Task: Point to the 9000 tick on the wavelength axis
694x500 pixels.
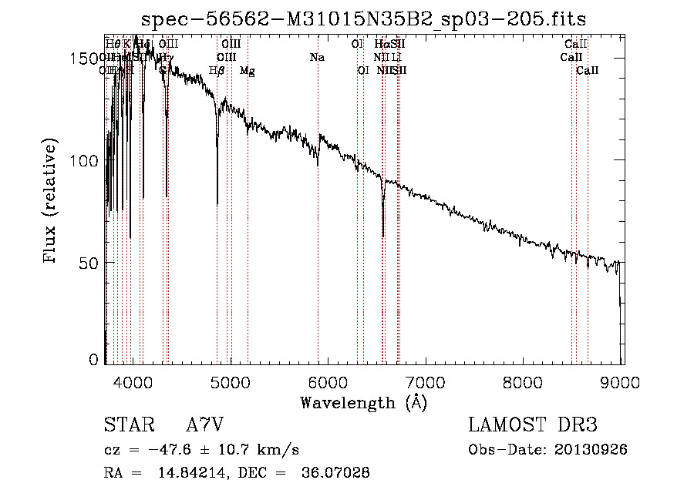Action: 622,382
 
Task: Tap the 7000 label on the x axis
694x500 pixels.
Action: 426,382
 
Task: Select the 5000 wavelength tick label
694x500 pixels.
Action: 231,382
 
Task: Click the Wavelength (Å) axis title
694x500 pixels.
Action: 363,402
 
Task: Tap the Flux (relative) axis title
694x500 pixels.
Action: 52,203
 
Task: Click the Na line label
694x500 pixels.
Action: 317,58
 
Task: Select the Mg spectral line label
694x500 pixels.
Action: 248,71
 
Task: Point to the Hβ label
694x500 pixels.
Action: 217,71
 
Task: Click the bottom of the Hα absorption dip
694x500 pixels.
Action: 383,236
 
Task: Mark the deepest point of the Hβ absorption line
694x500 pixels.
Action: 217,205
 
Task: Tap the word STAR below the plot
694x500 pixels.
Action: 127,425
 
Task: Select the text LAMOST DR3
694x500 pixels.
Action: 532,425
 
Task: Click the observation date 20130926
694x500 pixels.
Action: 591,450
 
